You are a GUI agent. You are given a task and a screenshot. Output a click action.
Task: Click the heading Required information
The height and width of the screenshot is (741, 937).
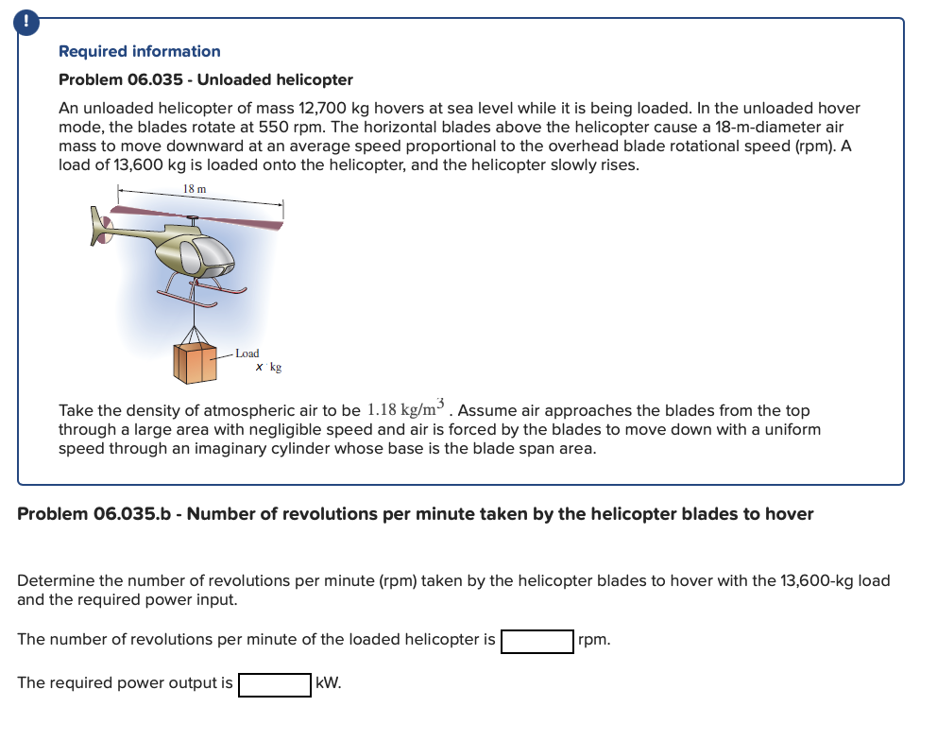(139, 51)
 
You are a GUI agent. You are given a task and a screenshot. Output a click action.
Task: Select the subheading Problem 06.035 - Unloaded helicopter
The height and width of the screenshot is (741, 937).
(205, 79)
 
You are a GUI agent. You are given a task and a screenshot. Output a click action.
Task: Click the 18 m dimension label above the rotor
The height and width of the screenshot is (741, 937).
(195, 189)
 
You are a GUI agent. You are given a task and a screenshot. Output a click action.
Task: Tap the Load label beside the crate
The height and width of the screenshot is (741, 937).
(247, 353)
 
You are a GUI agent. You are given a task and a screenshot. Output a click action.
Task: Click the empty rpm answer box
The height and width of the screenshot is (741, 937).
(537, 641)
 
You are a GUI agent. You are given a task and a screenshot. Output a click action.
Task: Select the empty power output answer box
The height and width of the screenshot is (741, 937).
(274, 684)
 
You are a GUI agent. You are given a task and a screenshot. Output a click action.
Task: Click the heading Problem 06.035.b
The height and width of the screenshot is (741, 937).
(415, 514)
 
